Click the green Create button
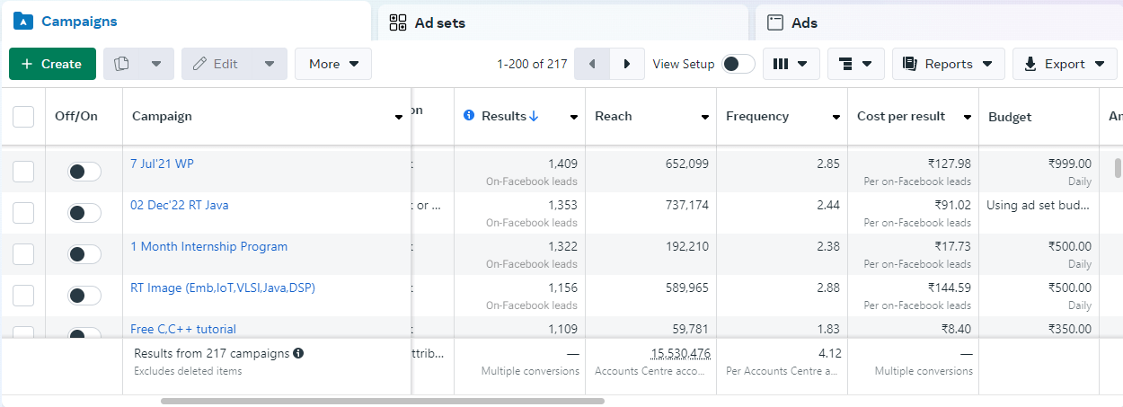point(52,64)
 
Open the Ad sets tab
point(439,22)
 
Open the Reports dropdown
point(948,64)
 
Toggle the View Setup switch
point(738,64)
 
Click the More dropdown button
point(333,64)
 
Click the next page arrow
point(627,64)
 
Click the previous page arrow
point(591,64)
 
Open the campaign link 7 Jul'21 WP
point(162,164)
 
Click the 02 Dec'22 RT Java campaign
point(179,205)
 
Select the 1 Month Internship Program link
point(208,246)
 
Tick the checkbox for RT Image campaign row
point(23,296)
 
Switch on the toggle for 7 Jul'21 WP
point(84,172)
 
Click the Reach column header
point(614,116)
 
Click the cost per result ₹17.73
point(950,246)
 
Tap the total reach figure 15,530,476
point(680,354)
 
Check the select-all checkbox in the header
point(23,116)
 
